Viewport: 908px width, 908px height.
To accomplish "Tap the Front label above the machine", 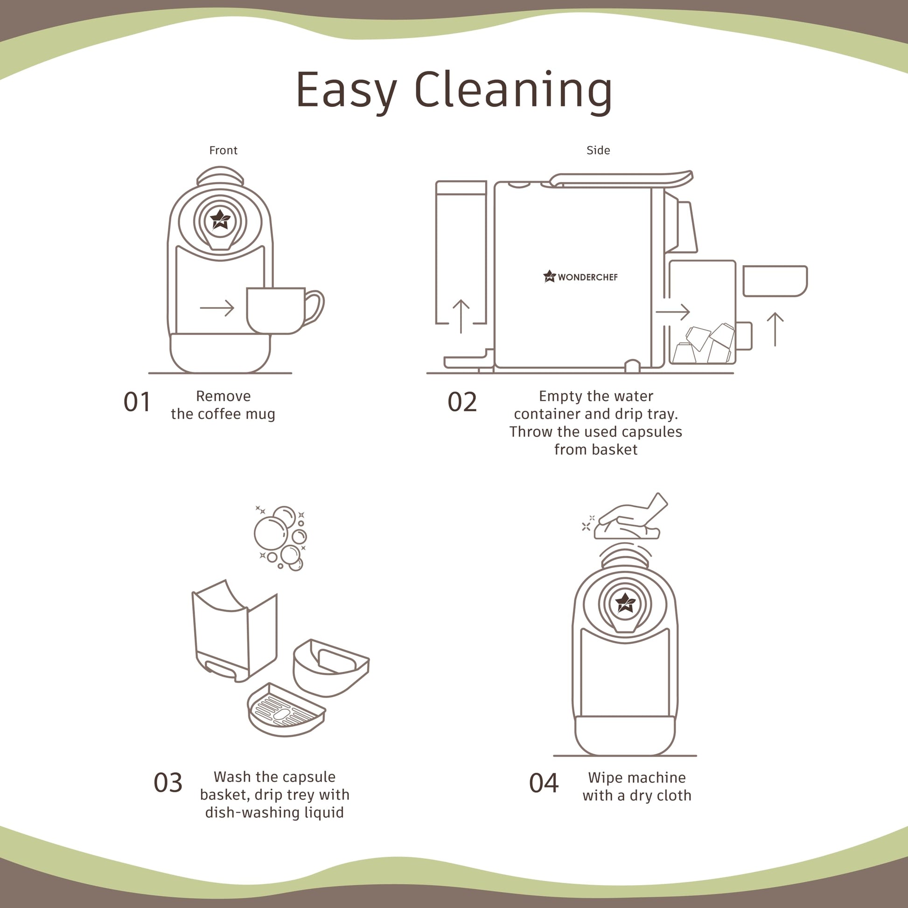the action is click(x=223, y=150).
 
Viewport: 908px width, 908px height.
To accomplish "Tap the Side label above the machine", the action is click(x=598, y=150).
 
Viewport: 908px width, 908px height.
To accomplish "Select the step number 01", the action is click(x=137, y=402).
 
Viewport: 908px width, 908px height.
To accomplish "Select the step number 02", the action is click(x=462, y=402).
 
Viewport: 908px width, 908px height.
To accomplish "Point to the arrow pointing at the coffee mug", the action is click(x=217, y=308).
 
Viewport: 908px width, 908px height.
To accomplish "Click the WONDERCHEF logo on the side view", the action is click(x=580, y=276).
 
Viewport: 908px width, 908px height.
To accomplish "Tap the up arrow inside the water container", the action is click(x=461, y=316).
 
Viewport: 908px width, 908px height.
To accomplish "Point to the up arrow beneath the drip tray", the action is click(x=775, y=329).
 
